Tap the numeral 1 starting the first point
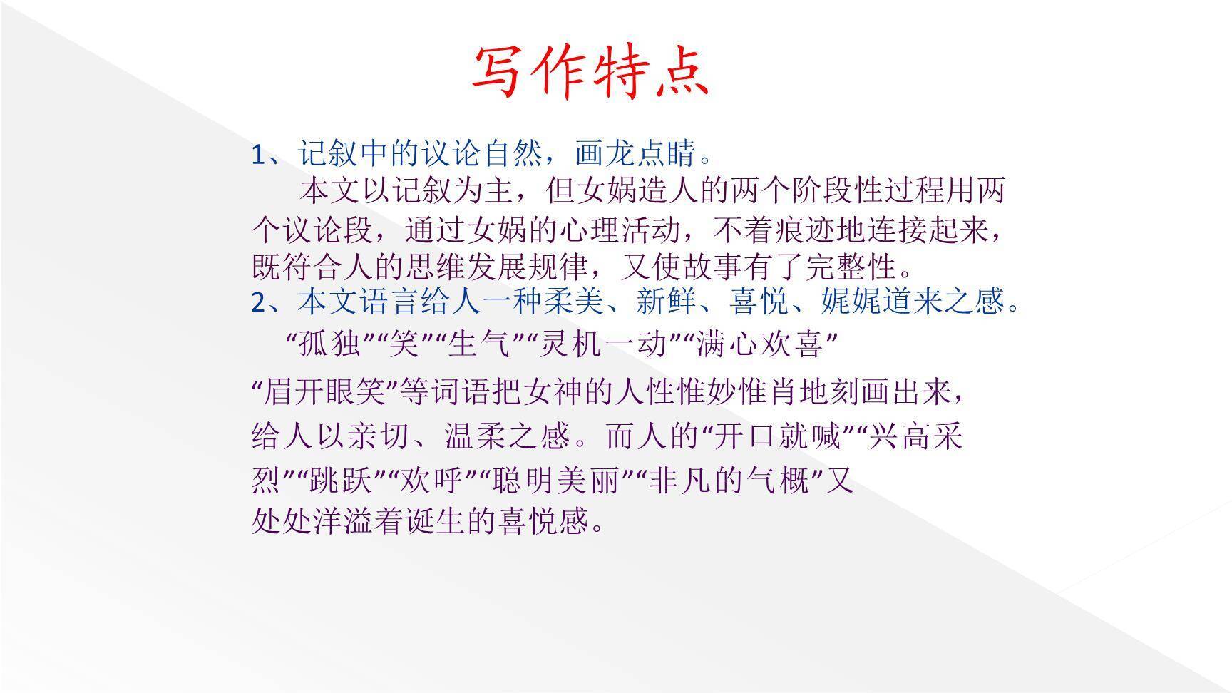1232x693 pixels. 258,155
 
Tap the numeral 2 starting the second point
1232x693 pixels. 258,302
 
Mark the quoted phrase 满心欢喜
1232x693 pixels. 759,345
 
